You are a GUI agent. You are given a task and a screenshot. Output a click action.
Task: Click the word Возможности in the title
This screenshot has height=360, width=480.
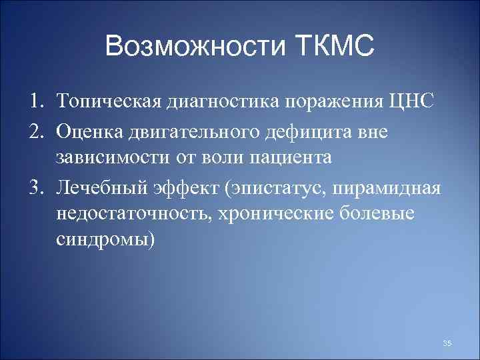195,47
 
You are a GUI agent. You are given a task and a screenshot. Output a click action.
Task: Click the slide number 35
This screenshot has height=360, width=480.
447,343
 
